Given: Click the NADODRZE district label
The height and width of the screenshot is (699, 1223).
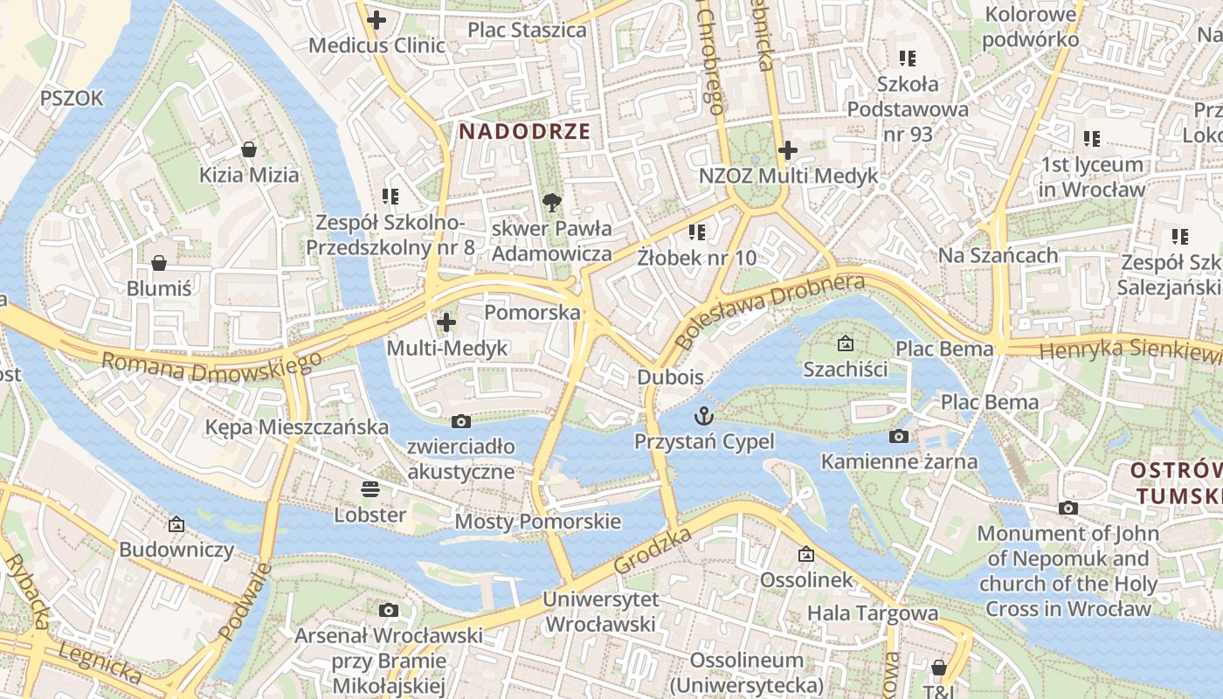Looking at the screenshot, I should pos(525,132).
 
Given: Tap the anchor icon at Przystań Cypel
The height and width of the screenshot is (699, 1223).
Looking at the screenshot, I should pos(704,416).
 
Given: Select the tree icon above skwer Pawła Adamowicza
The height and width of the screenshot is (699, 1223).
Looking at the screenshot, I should pos(551,204).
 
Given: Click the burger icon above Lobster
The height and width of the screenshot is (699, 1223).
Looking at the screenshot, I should pos(370,488).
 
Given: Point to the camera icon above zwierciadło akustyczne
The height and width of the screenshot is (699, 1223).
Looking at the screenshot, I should pos(461,422).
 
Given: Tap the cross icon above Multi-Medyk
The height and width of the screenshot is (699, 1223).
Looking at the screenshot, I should pos(446,322).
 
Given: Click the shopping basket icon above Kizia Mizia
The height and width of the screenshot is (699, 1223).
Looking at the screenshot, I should pos(249,149).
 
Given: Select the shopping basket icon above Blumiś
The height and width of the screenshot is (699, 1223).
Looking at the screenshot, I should pos(159,263).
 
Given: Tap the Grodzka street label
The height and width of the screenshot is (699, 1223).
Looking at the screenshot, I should pos(653,550).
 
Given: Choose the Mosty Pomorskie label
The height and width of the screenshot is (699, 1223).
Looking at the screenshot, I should pos(538,522).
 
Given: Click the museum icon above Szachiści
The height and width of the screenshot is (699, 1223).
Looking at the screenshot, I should pos(845,343).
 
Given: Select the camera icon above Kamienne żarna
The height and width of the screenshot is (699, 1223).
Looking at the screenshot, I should pos(899,436).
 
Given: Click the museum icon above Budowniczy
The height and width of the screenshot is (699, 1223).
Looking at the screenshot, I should pos(176,524).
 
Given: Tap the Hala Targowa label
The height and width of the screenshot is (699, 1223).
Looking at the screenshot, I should pos(872,612).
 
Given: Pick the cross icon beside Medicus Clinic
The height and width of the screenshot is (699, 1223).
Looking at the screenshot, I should pos(377,19).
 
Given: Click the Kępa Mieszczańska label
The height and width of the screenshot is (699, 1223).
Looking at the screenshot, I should pos(296,427).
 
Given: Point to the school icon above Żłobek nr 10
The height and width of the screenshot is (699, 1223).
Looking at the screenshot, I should pos(696,232).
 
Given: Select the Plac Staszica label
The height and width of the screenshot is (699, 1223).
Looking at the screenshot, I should pos(527,30).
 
